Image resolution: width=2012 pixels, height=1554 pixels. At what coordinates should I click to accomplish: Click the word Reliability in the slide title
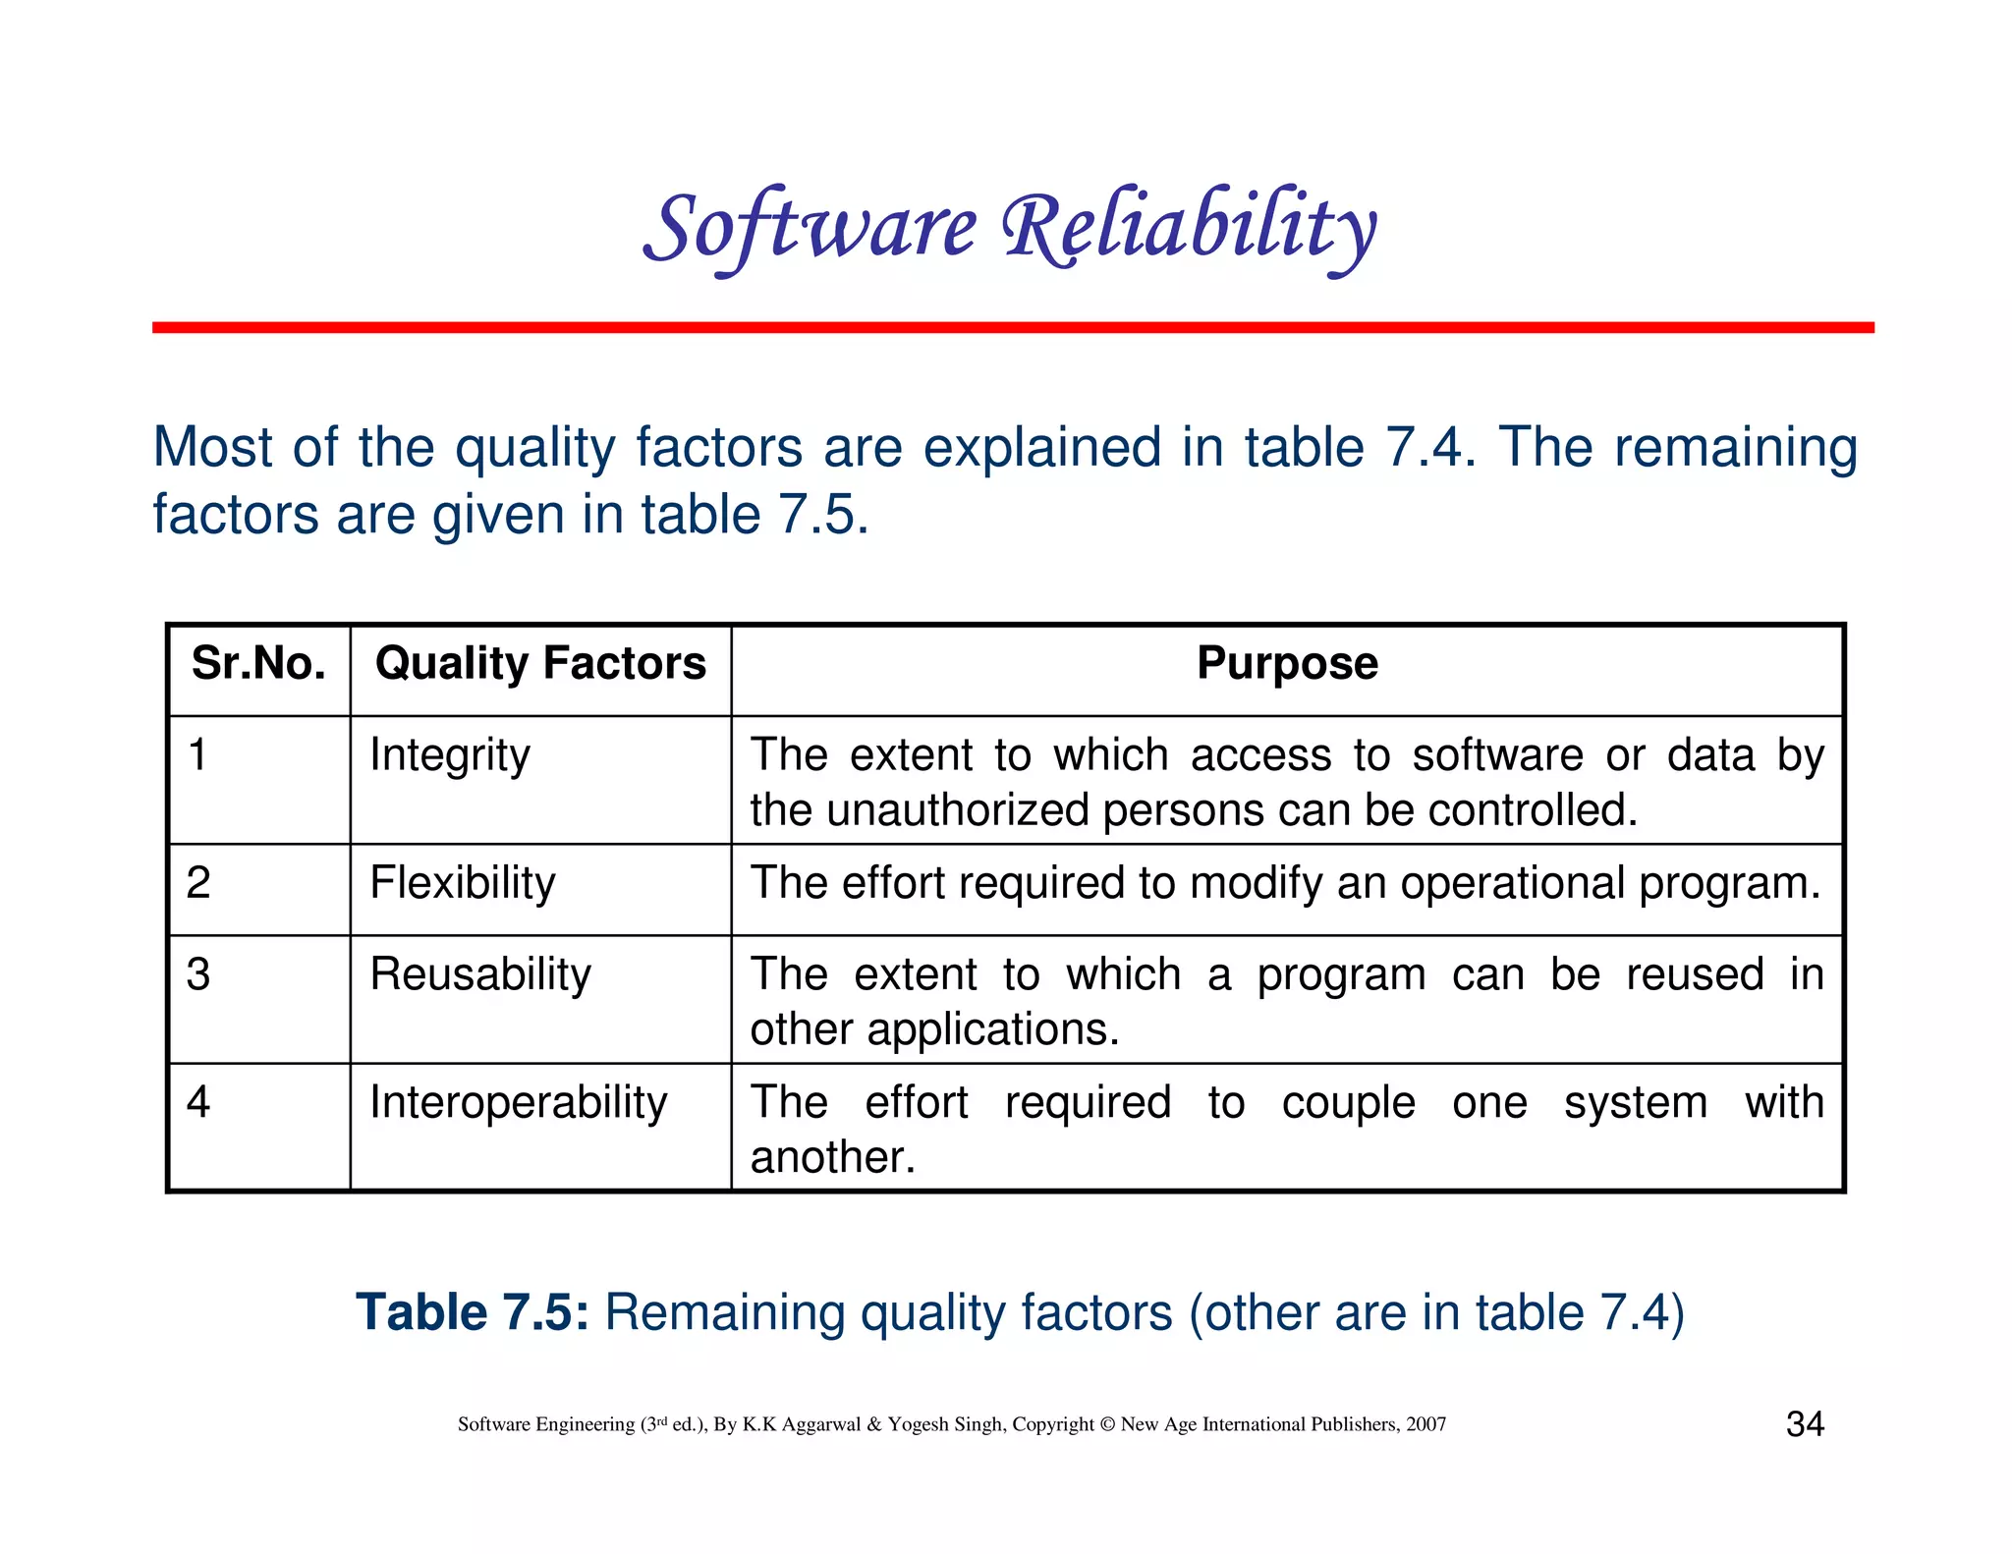click(1189, 228)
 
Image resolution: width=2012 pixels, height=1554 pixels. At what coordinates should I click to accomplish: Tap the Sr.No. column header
click(258, 663)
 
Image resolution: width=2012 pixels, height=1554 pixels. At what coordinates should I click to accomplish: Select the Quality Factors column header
click(540, 663)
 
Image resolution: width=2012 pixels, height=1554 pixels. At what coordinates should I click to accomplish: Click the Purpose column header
click(1287, 663)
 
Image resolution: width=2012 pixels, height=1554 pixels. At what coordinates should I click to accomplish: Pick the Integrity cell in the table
click(450, 755)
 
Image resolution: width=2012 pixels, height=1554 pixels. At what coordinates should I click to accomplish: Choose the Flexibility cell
click(462, 883)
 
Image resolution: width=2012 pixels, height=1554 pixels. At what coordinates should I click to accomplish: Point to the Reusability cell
click(480, 974)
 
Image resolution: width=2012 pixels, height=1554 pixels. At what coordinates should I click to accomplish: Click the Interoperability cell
click(518, 1102)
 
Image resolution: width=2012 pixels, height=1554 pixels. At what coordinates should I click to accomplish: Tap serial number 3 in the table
click(198, 974)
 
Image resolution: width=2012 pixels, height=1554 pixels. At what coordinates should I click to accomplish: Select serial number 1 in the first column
click(198, 755)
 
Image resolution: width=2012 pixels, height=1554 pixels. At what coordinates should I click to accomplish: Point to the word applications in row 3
click(992, 1030)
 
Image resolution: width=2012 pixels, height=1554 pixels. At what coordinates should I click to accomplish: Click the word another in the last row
click(832, 1157)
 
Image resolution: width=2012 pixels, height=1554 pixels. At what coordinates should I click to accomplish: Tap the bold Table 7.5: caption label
click(473, 1312)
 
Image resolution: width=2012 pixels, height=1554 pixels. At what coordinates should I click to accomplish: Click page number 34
click(1805, 1423)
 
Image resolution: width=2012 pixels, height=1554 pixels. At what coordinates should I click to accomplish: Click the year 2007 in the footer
click(1425, 1424)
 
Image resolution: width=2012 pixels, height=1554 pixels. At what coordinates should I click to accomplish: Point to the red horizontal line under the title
click(1012, 327)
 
